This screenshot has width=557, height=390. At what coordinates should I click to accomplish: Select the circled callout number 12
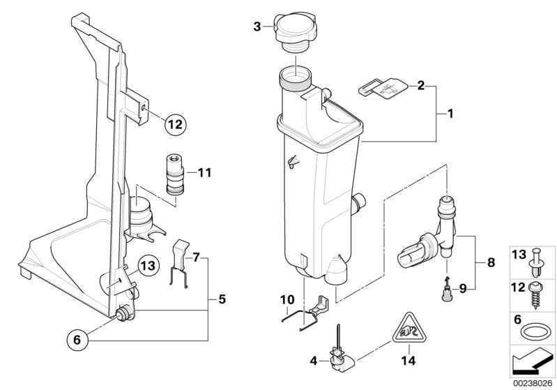174,125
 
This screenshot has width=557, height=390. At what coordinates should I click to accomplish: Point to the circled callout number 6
77,340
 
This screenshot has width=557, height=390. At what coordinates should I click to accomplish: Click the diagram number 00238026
534,382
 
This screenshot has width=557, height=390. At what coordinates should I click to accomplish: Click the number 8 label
490,263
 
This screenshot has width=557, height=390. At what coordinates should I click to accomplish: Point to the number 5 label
221,299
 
